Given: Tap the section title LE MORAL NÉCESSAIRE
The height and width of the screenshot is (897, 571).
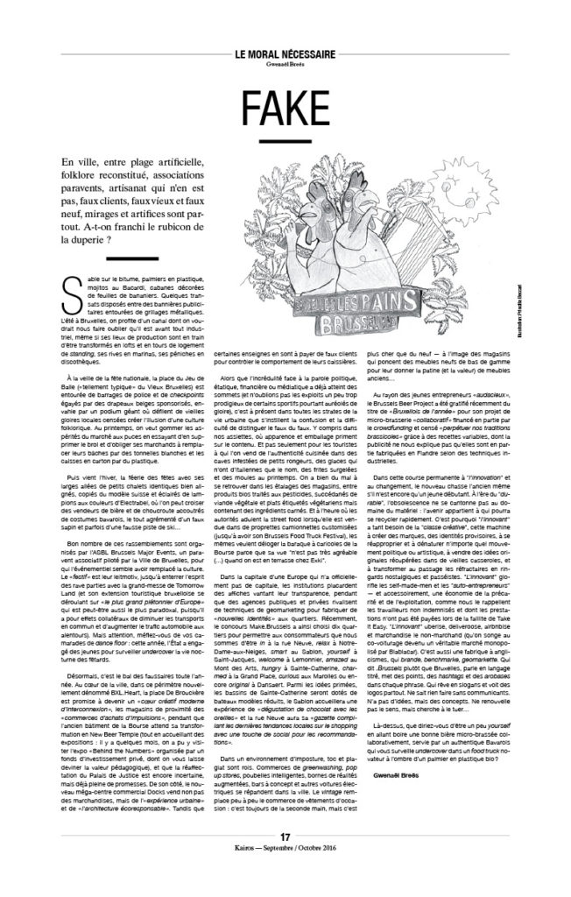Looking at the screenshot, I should (285, 53).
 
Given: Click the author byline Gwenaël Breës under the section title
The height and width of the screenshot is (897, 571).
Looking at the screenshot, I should (285, 66).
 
